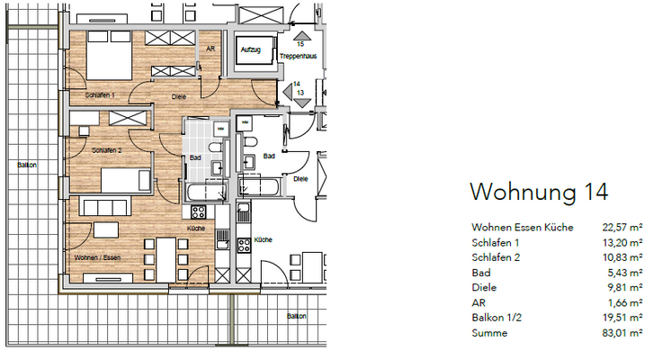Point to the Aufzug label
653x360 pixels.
tap(249, 50)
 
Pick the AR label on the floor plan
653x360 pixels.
tap(210, 50)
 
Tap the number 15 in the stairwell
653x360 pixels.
tap(300, 43)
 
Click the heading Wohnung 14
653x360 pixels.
tap(539, 191)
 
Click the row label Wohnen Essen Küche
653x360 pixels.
tap(522, 228)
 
